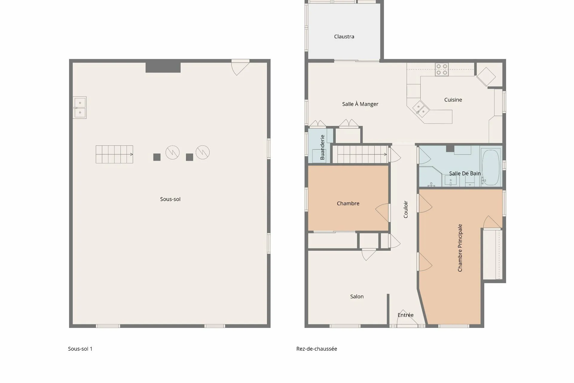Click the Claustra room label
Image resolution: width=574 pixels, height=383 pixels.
tap(344, 37)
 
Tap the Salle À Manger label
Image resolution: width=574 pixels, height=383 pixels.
tap(360, 104)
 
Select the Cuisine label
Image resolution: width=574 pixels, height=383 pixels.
tap(453, 100)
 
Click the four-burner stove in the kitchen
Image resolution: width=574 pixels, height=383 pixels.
tap(442, 69)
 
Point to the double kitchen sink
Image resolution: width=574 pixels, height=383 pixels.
tap(421, 109)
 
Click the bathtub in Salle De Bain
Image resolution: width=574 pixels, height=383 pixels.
tap(491, 167)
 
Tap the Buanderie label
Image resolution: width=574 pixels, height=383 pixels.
tap(322, 147)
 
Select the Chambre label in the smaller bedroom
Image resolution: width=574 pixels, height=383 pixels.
tap(348, 203)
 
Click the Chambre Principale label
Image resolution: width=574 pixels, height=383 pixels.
tap(460, 248)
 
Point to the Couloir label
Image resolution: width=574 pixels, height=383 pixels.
tap(406, 209)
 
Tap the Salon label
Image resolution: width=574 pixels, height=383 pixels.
tap(357, 297)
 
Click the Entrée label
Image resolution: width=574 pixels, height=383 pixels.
tap(406, 315)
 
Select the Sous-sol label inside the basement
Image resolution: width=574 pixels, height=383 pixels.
tap(170, 199)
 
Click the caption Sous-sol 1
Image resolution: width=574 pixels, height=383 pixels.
tap(80, 349)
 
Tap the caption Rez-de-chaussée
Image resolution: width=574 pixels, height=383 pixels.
tap(317, 349)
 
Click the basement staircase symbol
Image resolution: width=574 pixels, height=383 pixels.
tap(114, 154)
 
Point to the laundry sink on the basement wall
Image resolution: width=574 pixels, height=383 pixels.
tap(80, 107)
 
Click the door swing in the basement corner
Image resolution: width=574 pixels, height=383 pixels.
tap(240, 67)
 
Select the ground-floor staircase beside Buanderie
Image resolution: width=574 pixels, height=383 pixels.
tap(360, 154)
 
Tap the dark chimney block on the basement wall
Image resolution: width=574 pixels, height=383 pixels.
tap(163, 67)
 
